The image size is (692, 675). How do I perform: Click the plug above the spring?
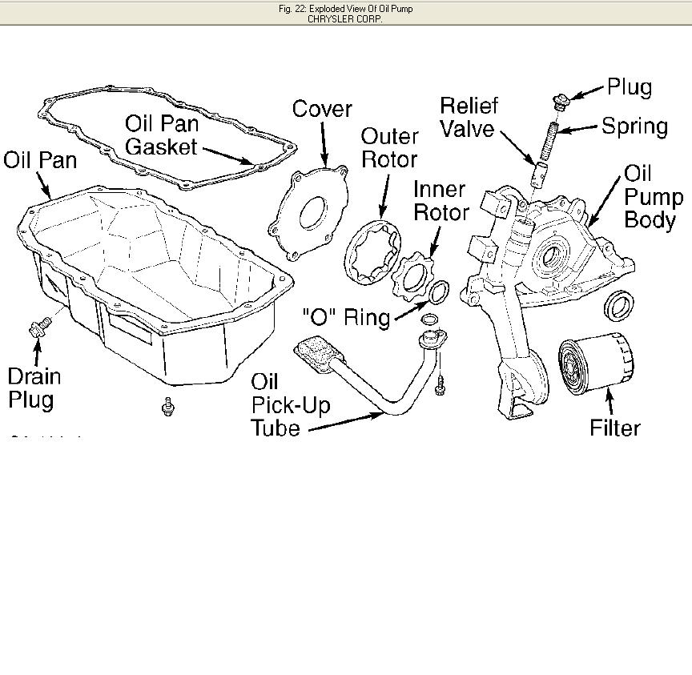560,101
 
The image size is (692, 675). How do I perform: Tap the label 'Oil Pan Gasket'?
161,135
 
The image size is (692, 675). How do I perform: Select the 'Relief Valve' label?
469,117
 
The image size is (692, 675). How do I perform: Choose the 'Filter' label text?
615,428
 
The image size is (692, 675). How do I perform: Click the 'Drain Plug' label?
34,388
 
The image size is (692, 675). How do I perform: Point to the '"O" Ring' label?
346,316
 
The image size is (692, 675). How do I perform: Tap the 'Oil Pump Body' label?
653,197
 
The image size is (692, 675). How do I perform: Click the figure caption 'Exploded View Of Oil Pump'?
345,9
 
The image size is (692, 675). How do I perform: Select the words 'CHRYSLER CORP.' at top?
345,18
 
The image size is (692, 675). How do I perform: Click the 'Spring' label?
634,126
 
